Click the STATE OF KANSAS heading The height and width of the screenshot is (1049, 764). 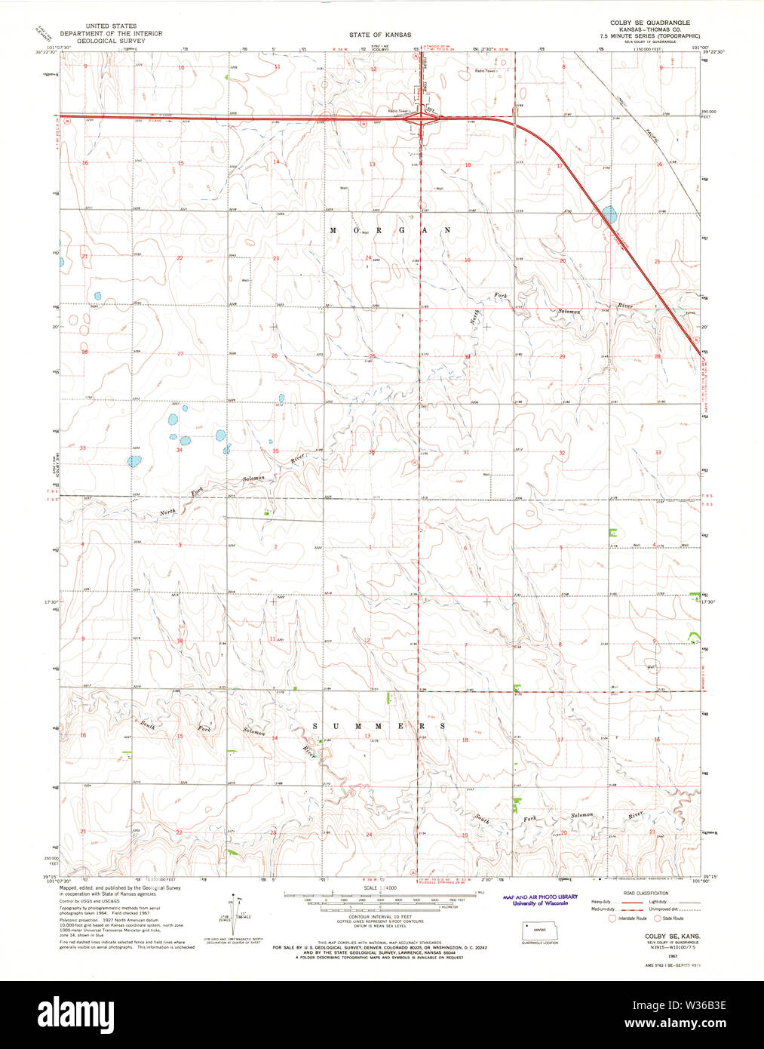[x=380, y=35]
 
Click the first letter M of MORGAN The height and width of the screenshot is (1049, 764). [x=333, y=230]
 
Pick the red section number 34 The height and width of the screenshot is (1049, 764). [x=179, y=450]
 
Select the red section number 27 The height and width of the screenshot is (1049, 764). [x=180, y=353]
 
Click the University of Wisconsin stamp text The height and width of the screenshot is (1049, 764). [x=540, y=903]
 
